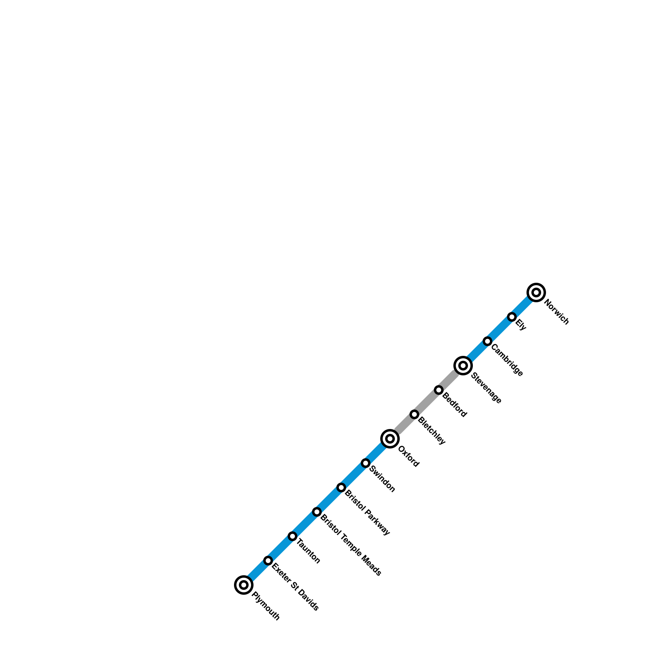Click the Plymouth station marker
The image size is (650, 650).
click(x=244, y=585)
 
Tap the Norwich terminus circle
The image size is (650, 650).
click(x=536, y=292)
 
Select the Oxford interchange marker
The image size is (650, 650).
click(x=390, y=439)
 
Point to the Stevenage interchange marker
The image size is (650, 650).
click(x=463, y=366)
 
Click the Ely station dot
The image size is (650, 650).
click(x=512, y=317)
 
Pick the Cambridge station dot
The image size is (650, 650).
click(x=487, y=341)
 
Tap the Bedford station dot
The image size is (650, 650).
click(x=439, y=390)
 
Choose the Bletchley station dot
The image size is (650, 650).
click(x=414, y=414)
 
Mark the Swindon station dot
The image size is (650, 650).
click(x=366, y=463)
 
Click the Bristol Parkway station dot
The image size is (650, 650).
click(x=341, y=487)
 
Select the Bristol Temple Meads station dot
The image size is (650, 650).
click(x=317, y=512)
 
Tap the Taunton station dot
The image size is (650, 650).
click(x=292, y=536)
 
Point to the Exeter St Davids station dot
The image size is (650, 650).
click(x=268, y=561)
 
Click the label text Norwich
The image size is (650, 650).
click(x=556, y=312)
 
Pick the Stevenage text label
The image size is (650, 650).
click(x=486, y=388)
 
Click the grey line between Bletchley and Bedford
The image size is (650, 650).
click(x=427, y=402)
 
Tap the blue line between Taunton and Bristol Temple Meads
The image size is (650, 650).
click(x=305, y=524)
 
